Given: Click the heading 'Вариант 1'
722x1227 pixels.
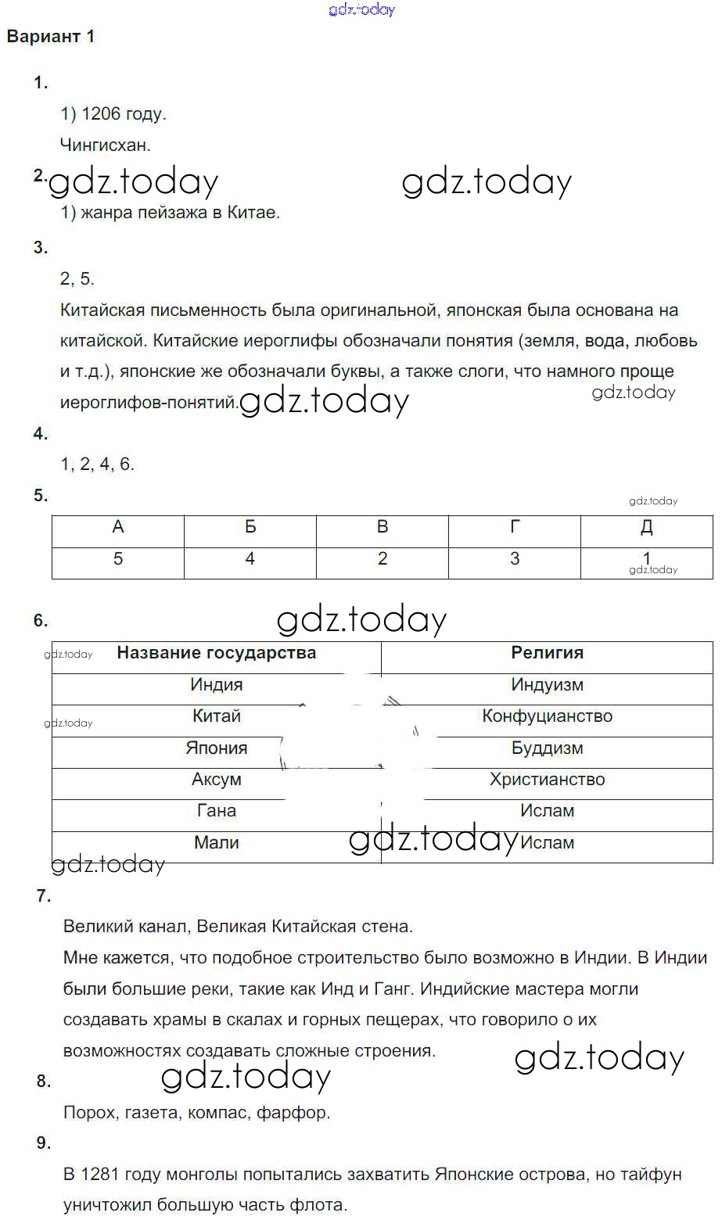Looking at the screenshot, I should point(51,37).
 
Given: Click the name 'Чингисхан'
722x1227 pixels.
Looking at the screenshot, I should point(104,145).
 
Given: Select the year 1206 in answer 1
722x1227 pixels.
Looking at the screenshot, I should point(101,114).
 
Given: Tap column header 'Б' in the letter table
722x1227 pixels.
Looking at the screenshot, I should point(250,528).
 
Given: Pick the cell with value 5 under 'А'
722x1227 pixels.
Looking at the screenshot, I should point(118,559).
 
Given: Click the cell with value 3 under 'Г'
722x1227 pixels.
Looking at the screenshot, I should point(515,559).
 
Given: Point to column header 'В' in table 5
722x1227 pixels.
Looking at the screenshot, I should point(383,528).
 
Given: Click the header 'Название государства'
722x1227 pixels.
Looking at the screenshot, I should point(216,653).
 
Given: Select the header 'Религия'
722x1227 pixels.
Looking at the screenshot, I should point(547,653).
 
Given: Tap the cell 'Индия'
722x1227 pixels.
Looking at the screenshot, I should point(216,685).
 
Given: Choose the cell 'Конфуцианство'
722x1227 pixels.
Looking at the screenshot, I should point(547,716).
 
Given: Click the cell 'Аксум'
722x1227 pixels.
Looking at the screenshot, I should point(216,780).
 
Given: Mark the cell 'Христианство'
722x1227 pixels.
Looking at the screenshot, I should point(547,780).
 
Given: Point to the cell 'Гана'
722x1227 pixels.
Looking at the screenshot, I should point(216,811).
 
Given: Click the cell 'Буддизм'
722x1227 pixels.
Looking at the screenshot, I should point(547,748).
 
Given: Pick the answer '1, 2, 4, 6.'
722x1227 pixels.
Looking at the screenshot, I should point(98,465).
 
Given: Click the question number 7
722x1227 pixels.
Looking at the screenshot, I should point(44,896).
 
